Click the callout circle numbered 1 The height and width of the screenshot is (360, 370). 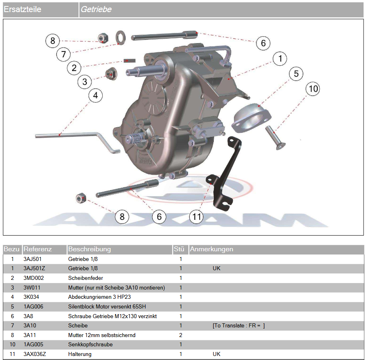(279, 59)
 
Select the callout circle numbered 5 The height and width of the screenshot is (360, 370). (296, 74)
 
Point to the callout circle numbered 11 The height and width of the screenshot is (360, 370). (196, 217)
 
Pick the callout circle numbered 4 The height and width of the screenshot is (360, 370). (95, 95)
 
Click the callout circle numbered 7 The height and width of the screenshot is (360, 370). (63, 54)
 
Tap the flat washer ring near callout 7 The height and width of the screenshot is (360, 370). (120, 37)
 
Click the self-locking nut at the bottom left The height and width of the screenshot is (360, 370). (80, 198)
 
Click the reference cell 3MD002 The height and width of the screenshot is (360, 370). (34, 278)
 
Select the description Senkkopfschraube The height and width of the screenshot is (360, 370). (91, 345)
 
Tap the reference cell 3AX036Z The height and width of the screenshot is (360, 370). (35, 354)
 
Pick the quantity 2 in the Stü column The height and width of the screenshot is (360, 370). (181, 335)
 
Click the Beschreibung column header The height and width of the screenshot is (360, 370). (89, 249)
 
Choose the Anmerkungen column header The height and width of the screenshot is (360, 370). (211, 249)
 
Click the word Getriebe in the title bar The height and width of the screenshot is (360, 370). (96, 9)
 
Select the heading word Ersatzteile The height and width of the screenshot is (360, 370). (23, 9)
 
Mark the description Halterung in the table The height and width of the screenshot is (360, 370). (80, 354)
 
